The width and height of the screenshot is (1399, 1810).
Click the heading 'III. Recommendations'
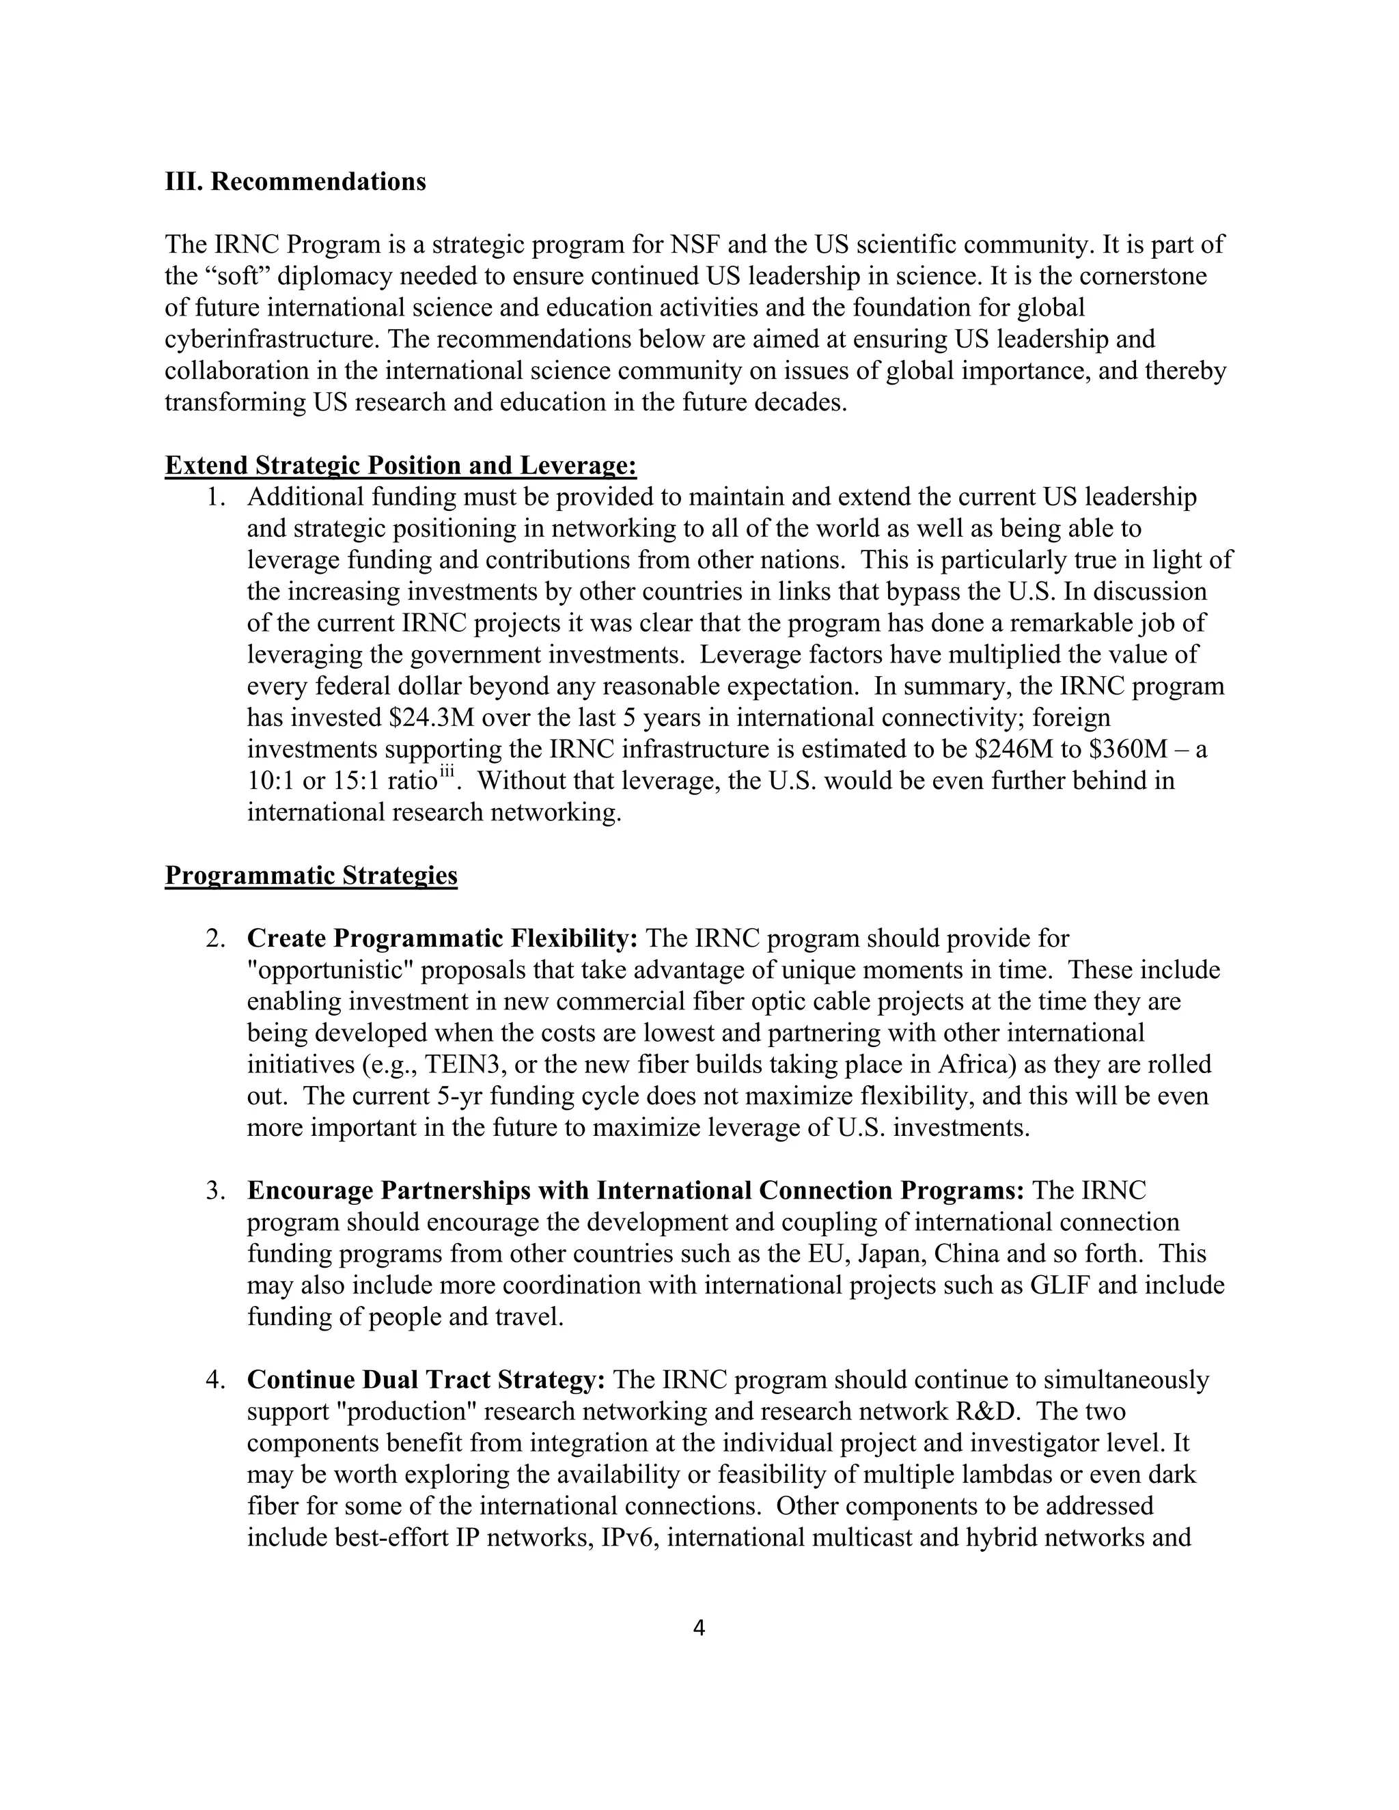pyautogui.click(x=295, y=182)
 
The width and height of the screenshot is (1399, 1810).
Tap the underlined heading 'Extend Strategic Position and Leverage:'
pyautogui.click(x=400, y=466)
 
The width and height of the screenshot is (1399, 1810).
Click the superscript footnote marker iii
pyautogui.click(x=447, y=772)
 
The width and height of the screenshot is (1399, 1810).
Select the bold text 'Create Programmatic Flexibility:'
pyautogui.click(x=443, y=938)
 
